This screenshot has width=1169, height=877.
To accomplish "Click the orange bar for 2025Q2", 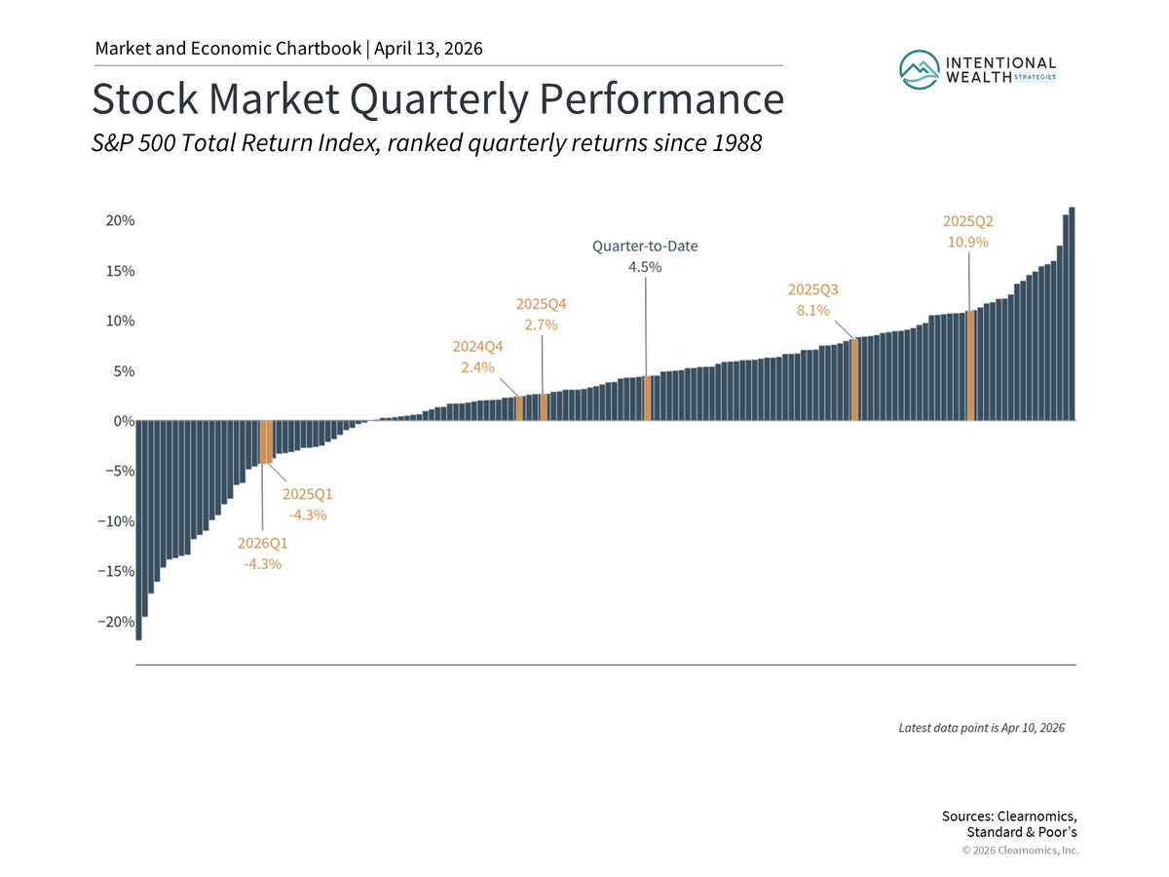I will click(x=970, y=365).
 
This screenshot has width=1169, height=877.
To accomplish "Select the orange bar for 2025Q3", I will click(x=855, y=380).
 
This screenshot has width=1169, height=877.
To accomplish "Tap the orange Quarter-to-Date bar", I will click(x=647, y=399).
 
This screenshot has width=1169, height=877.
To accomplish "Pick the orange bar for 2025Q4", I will click(x=544, y=407).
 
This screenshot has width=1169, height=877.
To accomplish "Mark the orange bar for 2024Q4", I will click(x=519, y=408).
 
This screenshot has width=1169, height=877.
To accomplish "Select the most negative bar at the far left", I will click(x=139, y=530).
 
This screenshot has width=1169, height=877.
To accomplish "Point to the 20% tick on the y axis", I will click(x=121, y=221).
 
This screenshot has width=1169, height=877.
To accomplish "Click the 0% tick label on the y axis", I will click(x=121, y=421).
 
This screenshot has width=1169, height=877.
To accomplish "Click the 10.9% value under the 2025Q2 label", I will click(x=968, y=242).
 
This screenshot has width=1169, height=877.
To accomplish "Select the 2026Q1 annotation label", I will click(x=263, y=543).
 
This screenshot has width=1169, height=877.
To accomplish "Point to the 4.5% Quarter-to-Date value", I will click(x=645, y=267).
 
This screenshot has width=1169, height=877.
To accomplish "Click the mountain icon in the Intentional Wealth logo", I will click(x=919, y=68).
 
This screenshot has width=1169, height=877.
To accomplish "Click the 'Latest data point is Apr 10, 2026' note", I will click(x=981, y=728).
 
